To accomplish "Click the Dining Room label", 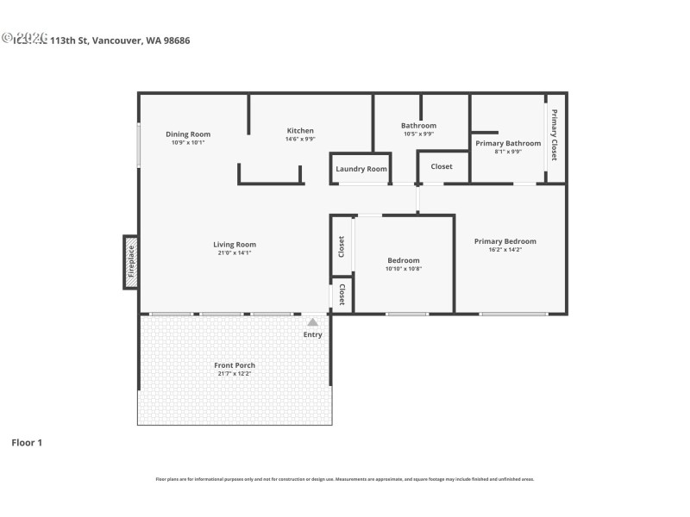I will (188, 134).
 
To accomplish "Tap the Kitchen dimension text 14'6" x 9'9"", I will (300, 139).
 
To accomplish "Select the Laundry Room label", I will (361, 169).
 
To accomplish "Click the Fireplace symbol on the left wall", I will (131, 262).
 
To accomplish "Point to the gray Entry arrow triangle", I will (312, 321).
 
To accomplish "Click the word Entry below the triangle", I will (312, 334).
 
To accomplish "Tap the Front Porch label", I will (235, 365).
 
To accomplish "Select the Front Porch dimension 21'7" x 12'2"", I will (235, 373).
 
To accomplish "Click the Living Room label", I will (235, 245).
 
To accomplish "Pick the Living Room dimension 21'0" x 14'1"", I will (235, 252).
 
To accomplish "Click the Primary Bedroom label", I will (505, 241).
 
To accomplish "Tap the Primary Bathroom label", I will (508, 143).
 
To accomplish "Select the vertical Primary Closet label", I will (555, 136).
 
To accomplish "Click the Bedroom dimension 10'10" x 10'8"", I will (403, 268).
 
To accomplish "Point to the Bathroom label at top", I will (418, 126).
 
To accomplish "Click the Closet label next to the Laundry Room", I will (442, 166).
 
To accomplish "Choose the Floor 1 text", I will (26, 442).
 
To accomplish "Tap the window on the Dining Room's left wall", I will (139, 145).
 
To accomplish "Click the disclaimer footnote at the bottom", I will (345, 479).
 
